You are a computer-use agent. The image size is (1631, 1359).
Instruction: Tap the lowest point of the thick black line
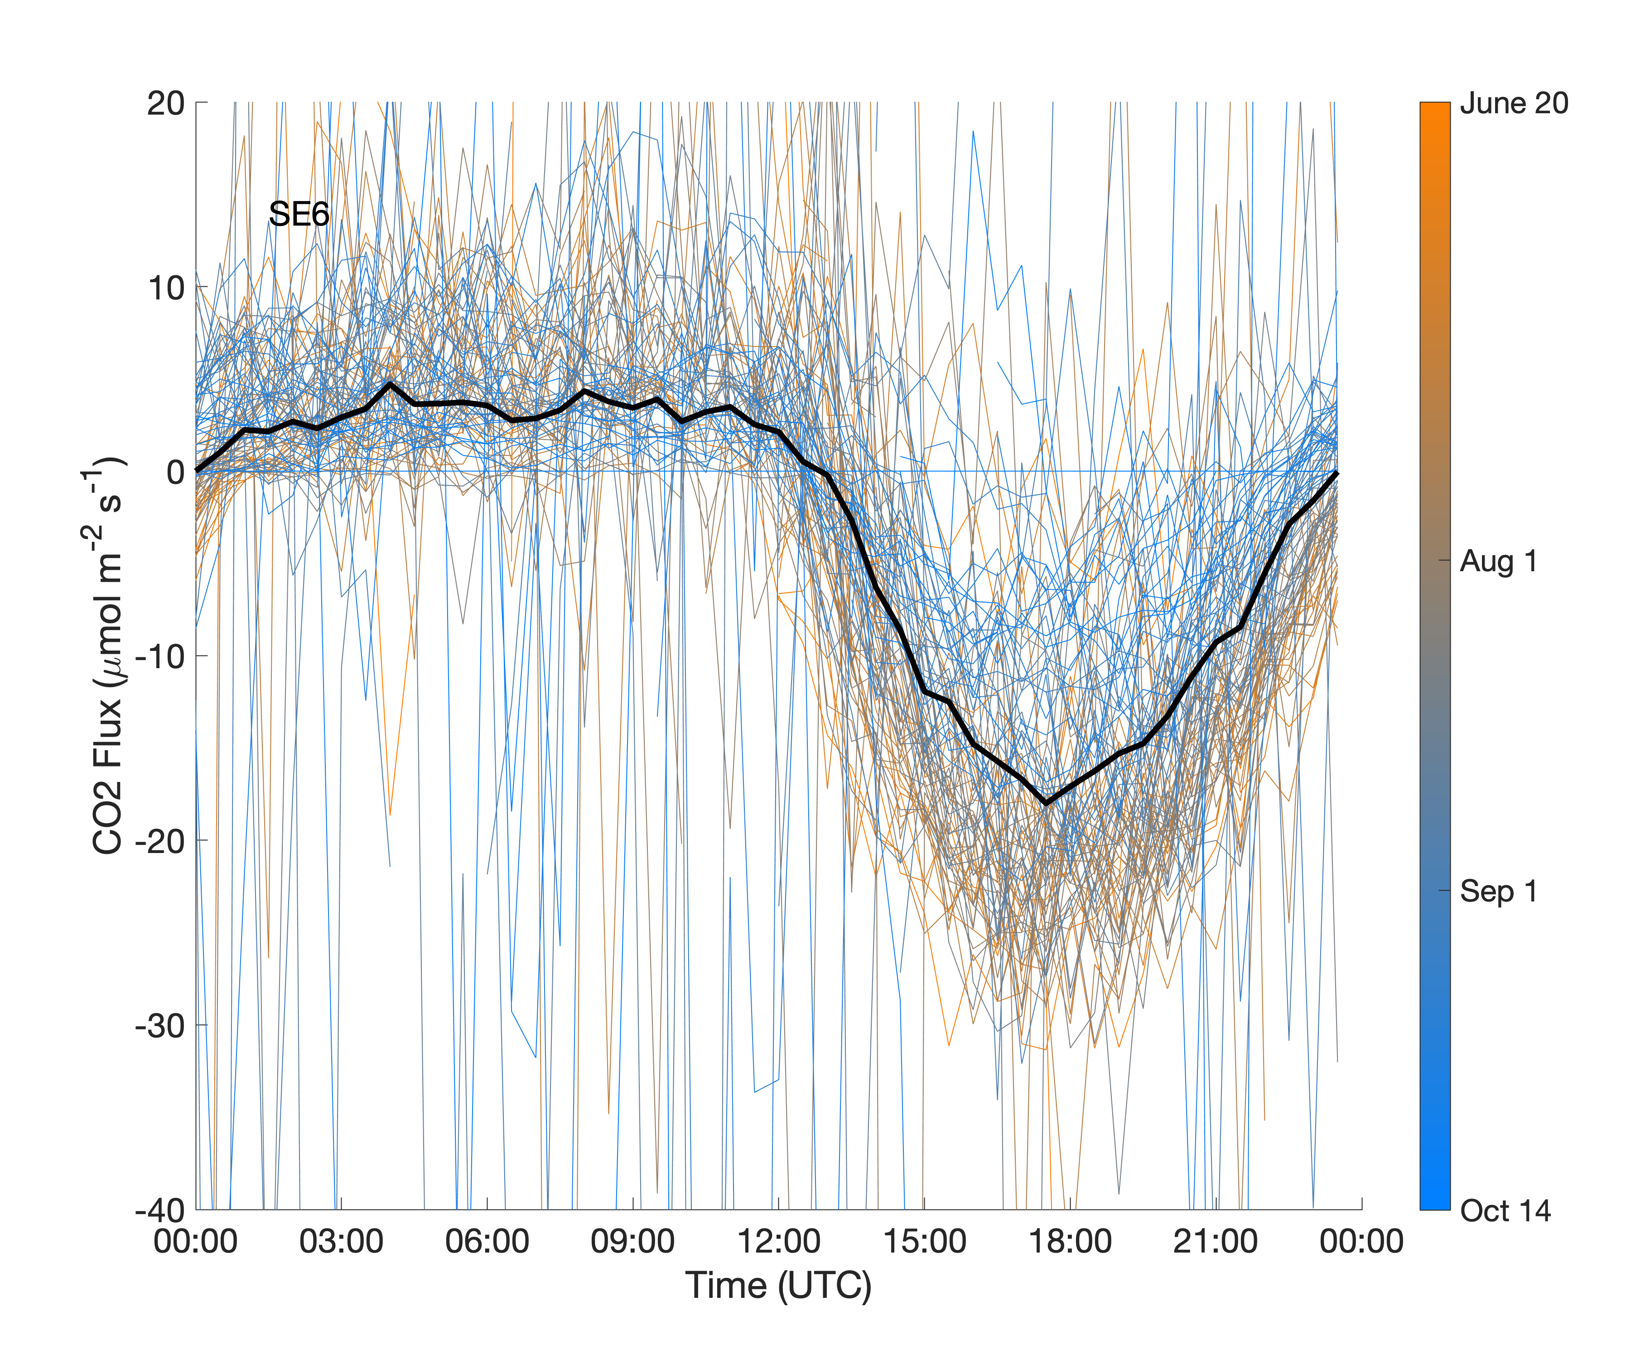point(1046,803)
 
